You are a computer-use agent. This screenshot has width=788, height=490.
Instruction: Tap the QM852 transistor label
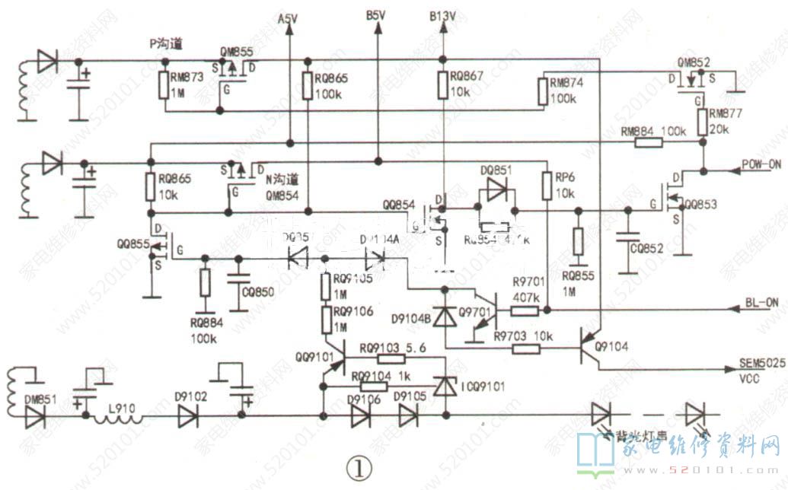point(694,62)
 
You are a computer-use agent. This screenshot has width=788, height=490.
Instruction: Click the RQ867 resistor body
point(442,84)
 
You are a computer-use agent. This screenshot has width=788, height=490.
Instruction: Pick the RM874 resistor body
point(541,91)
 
